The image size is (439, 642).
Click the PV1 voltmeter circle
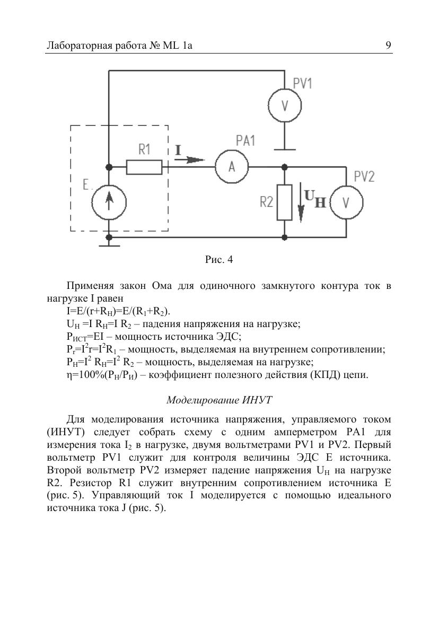[285, 105]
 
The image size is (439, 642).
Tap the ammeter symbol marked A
[232, 166]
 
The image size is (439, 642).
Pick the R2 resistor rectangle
[285, 202]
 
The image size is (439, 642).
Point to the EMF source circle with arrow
[109, 202]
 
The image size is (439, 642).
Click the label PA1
[245, 141]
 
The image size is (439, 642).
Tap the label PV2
[364, 177]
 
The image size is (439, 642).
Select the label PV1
[303, 83]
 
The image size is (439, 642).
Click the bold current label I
[178, 150]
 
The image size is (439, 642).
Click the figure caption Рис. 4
[219, 260]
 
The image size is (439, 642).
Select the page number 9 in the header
[389, 46]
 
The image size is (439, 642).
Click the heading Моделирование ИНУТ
[219, 400]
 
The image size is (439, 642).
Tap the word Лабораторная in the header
[77, 46]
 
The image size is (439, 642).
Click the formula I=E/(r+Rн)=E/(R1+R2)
[119, 311]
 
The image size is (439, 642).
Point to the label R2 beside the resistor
[267, 201]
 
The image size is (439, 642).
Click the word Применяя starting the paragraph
[88, 286]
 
